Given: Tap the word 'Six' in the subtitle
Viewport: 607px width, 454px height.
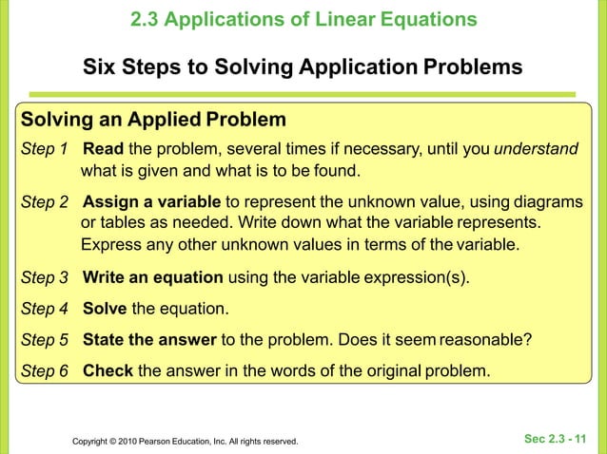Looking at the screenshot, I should (103, 68).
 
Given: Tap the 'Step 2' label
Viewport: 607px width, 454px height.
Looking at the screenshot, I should (45, 202).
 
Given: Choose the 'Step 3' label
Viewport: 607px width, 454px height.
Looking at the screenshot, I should (45, 278).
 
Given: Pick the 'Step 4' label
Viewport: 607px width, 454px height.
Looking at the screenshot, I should (45, 310).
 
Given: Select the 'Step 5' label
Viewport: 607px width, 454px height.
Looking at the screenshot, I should (45, 341).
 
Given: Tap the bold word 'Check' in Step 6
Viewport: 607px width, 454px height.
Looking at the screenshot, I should (108, 370).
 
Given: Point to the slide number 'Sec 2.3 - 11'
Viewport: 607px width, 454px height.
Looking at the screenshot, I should (556, 438).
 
